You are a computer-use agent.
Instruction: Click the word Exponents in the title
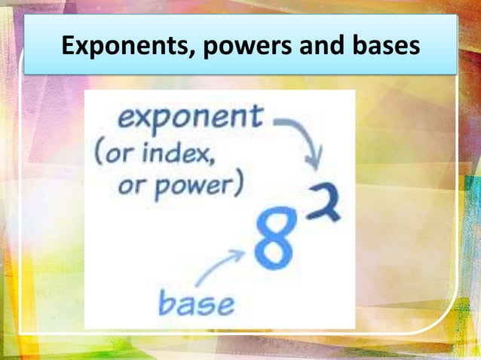click(121, 47)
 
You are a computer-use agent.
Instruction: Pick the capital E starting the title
click(69, 47)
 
